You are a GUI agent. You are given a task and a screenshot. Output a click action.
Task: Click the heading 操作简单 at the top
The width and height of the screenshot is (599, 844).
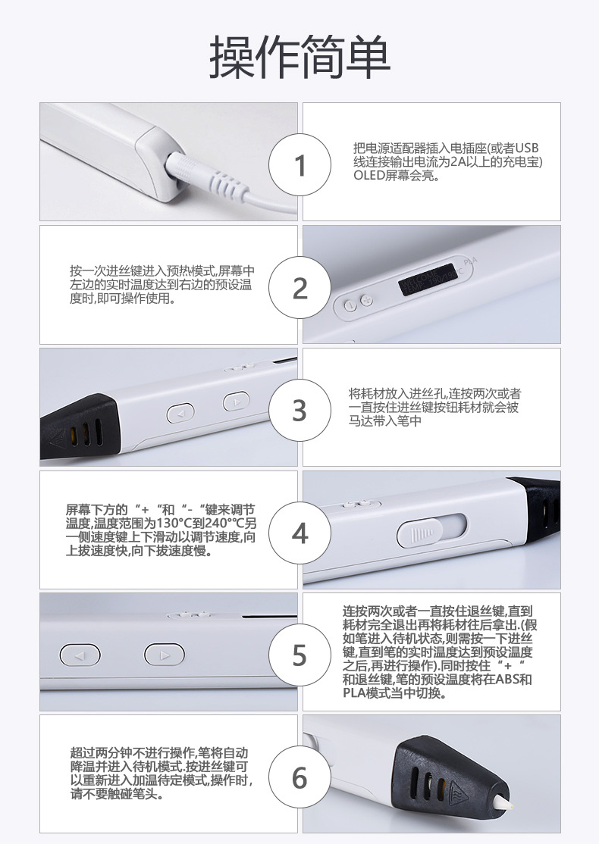pos(299,57)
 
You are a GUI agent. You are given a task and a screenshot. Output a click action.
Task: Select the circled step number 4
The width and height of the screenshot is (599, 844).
pos(300,533)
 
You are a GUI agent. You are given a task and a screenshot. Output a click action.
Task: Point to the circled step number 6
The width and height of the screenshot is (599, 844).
pos(300,778)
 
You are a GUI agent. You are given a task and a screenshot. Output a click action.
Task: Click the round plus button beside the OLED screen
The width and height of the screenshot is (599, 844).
pos(367,302)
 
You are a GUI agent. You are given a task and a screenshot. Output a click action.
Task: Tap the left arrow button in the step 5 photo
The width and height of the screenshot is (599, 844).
pos(80,655)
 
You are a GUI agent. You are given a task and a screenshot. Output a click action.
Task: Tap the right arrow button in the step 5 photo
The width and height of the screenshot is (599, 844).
pos(165,655)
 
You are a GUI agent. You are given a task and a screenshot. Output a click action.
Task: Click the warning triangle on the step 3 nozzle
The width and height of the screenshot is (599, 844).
pos(55,438)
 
